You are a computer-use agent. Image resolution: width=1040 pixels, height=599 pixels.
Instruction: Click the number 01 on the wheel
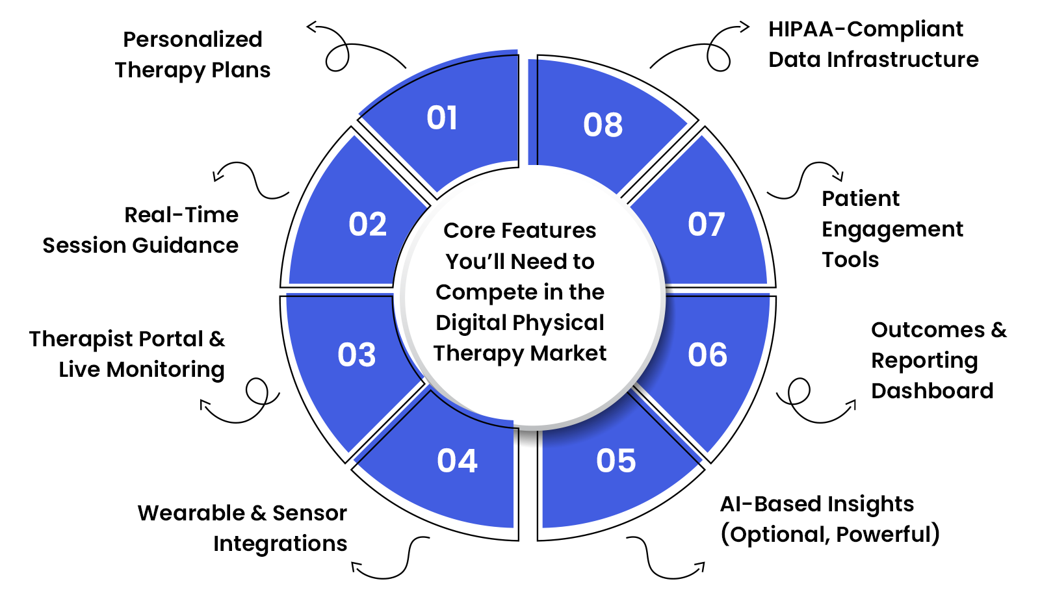[442, 118]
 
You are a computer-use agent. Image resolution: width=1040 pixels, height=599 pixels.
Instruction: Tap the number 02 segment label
[368, 225]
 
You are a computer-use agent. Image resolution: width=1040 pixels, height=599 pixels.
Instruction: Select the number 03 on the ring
[357, 355]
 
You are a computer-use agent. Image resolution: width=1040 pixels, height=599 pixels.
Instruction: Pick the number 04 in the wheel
[458, 461]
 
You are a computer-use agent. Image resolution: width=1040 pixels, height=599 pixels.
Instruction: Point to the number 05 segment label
[616, 461]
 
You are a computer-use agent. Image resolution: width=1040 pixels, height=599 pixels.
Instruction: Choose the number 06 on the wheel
[708, 355]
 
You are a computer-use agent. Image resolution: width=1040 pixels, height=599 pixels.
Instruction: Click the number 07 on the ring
[707, 225]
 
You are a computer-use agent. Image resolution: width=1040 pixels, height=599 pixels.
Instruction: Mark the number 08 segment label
[603, 125]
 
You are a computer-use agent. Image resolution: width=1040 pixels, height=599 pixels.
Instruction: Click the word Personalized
[192, 40]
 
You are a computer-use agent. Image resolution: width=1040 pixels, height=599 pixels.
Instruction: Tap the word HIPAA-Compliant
[866, 29]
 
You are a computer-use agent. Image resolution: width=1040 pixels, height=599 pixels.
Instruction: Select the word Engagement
[892, 229]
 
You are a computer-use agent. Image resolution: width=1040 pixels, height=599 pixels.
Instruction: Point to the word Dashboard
[932, 391]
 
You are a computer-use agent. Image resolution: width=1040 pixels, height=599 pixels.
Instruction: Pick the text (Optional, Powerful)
[830, 535]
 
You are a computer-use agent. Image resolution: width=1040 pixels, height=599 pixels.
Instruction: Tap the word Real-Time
[181, 215]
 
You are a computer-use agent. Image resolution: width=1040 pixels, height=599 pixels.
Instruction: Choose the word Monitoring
[166, 370]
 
